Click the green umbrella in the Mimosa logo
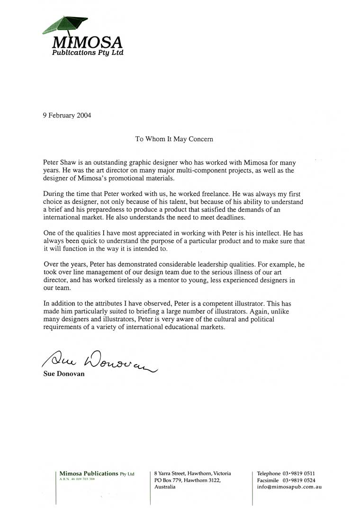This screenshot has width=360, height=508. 65,24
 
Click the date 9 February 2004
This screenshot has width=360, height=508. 67,115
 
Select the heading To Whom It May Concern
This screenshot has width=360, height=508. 174,139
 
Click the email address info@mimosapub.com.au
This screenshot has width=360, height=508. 289,487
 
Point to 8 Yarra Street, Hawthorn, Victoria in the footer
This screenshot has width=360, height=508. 193,473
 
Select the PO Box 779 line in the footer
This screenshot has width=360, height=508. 188,480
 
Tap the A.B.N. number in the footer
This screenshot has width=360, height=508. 76,479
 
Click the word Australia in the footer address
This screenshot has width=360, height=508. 165,487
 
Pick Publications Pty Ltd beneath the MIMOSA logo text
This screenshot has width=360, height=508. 87,53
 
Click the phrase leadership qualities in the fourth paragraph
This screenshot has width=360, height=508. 224,265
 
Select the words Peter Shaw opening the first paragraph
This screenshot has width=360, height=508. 59,162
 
